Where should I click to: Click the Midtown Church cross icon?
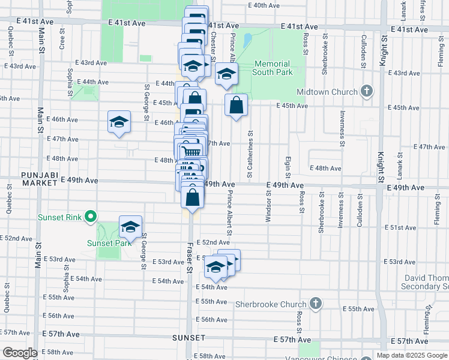(x=367, y=92)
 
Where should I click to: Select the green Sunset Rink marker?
(x=91, y=216)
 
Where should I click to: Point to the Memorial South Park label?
(x=273, y=68)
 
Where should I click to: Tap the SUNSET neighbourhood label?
(x=188, y=338)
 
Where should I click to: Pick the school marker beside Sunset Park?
(x=130, y=227)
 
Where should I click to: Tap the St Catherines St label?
(x=249, y=154)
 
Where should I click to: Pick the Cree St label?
(x=62, y=40)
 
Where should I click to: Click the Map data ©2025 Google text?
(x=412, y=355)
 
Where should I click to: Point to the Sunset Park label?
(x=109, y=243)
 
